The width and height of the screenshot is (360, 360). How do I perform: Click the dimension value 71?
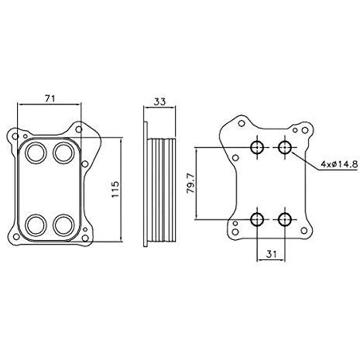click(x=50, y=98)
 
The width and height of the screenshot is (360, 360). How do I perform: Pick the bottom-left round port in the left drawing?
click(x=36, y=225)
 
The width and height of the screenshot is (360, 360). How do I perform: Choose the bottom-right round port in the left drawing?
click(x=62, y=225)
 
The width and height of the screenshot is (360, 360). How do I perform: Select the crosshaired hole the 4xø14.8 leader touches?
click(x=284, y=147)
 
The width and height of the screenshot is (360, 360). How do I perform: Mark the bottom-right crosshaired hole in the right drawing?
click(x=284, y=220)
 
